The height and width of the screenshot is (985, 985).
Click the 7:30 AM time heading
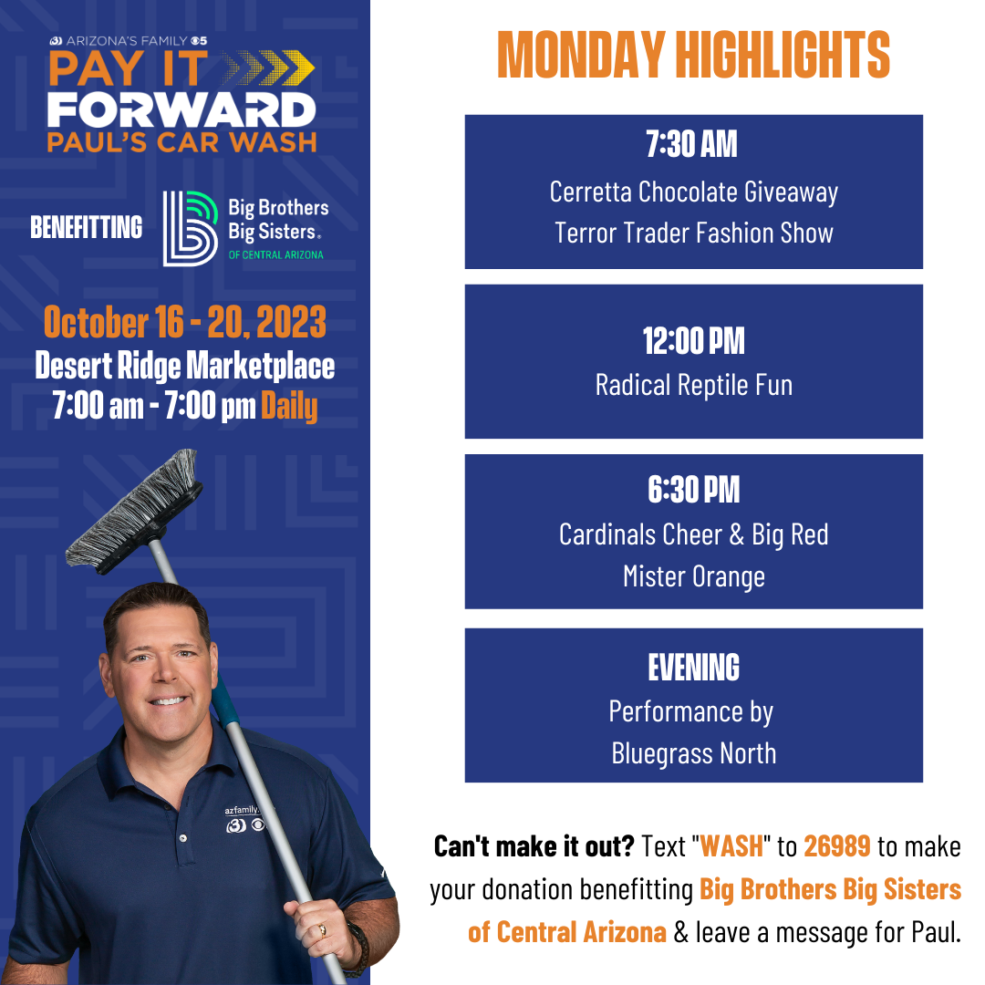(691, 144)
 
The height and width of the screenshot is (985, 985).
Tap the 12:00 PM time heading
(693, 341)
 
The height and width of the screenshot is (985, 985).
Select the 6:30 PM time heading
(693, 490)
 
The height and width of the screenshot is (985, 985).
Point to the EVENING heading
(693, 667)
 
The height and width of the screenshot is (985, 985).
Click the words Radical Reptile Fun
(693, 385)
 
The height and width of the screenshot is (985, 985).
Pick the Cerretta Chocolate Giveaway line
(693, 192)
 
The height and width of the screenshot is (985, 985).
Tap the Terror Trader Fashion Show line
(693, 233)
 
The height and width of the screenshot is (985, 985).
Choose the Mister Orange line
(693, 576)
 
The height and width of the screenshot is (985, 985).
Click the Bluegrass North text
(693, 753)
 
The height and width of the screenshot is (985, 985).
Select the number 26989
(836, 846)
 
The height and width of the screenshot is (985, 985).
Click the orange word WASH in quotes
(731, 846)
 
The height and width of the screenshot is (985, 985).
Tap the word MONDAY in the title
(580, 55)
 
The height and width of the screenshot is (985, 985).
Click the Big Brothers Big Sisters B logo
(191, 229)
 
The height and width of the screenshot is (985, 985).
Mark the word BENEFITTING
(86, 227)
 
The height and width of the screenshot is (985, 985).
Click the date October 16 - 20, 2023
(184, 322)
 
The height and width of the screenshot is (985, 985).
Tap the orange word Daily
(289, 406)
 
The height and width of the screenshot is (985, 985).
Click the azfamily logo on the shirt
(244, 819)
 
